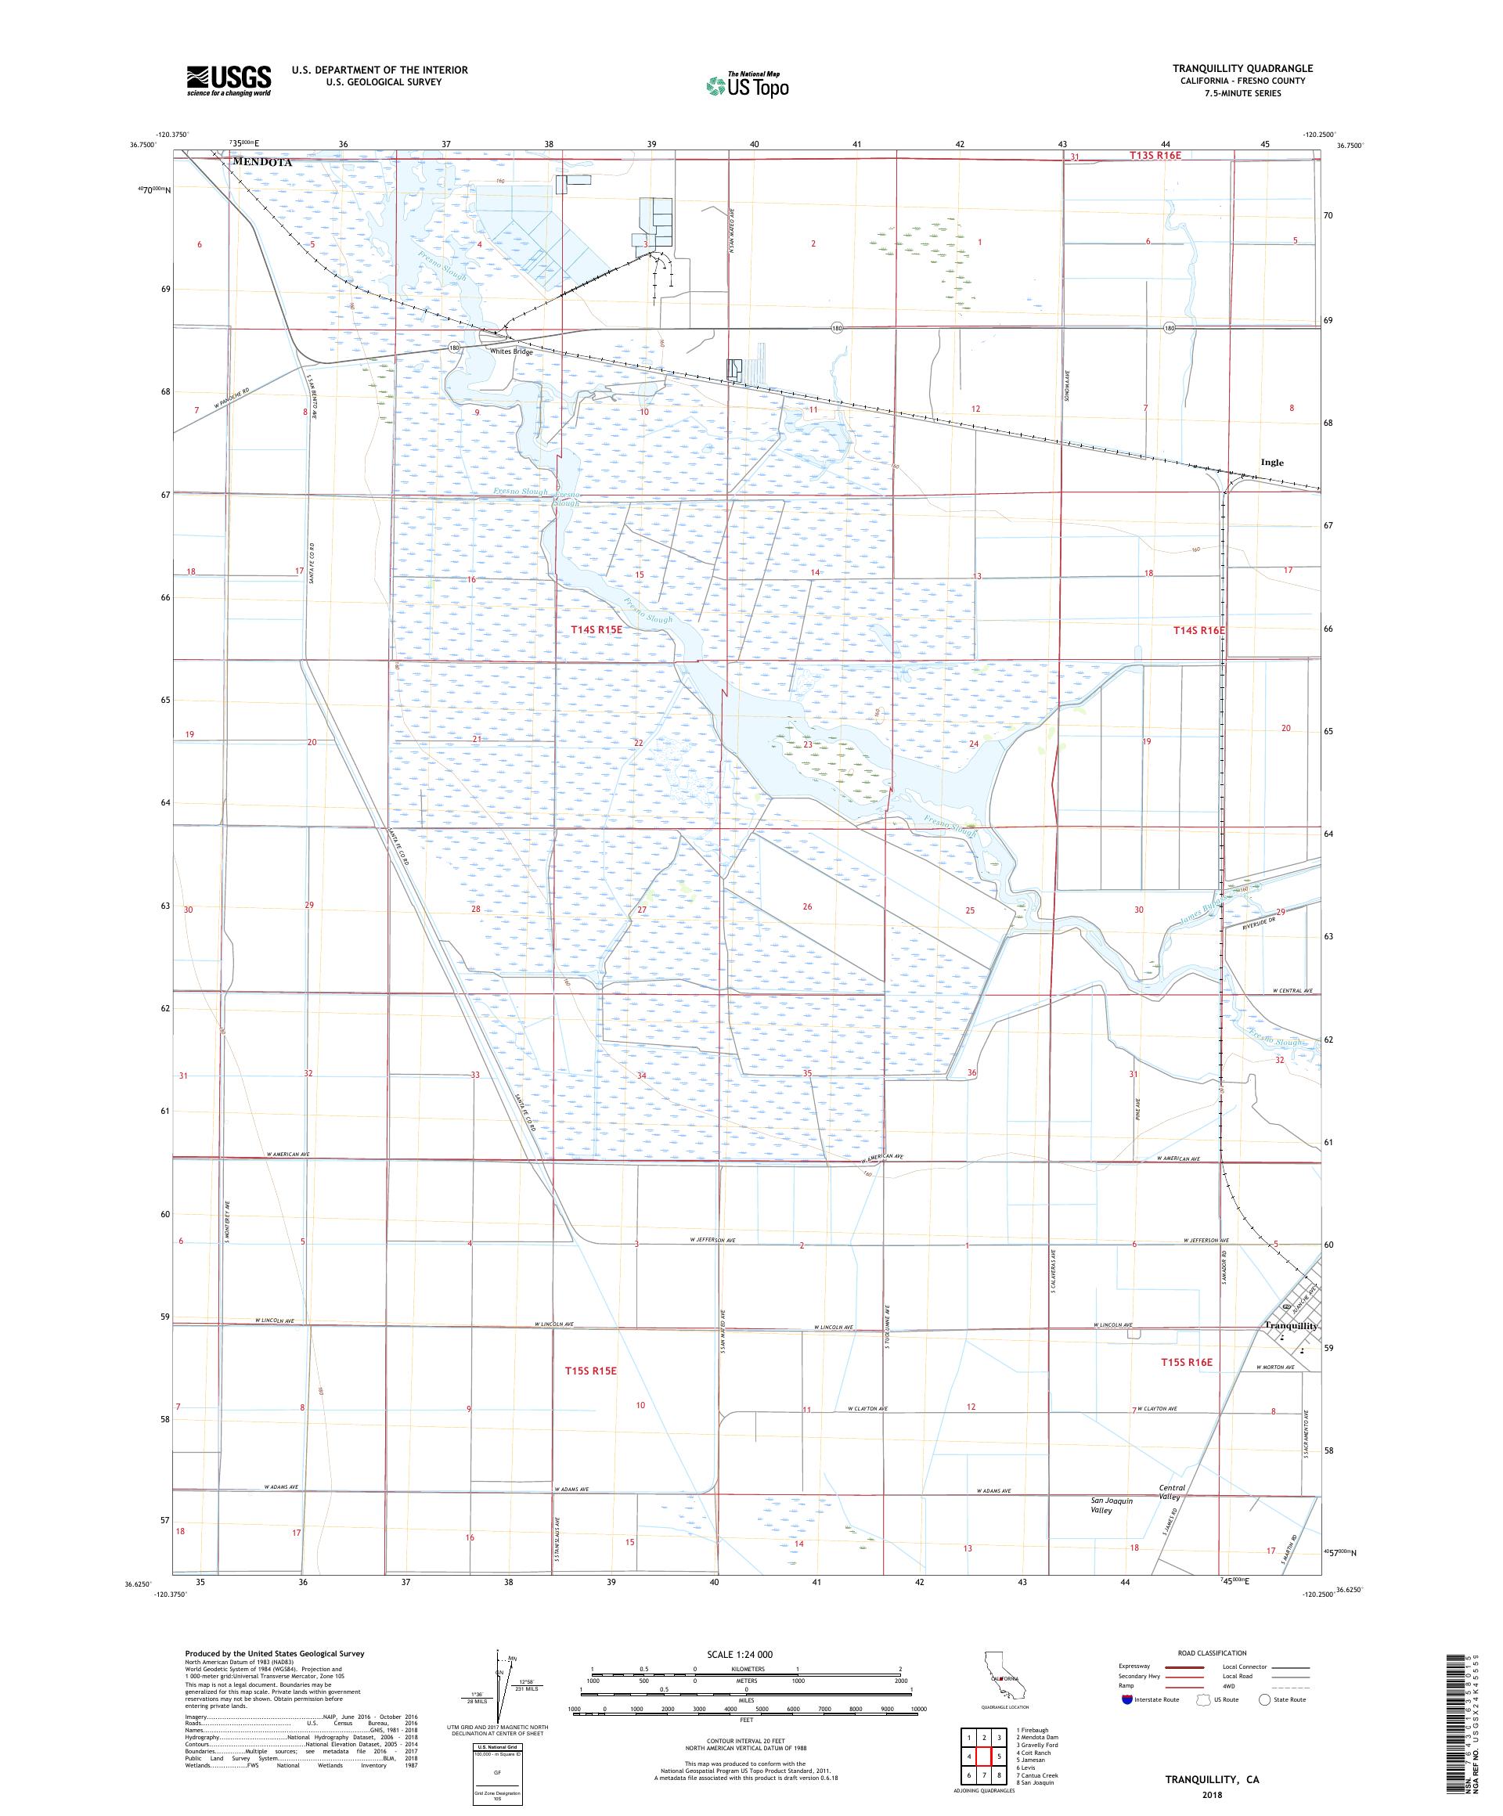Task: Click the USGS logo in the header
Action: [229, 81]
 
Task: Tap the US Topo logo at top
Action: [748, 85]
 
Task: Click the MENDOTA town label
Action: [262, 162]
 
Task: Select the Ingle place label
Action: [1272, 462]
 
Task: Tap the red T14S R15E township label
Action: [596, 630]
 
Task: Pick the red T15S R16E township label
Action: [1187, 1386]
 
